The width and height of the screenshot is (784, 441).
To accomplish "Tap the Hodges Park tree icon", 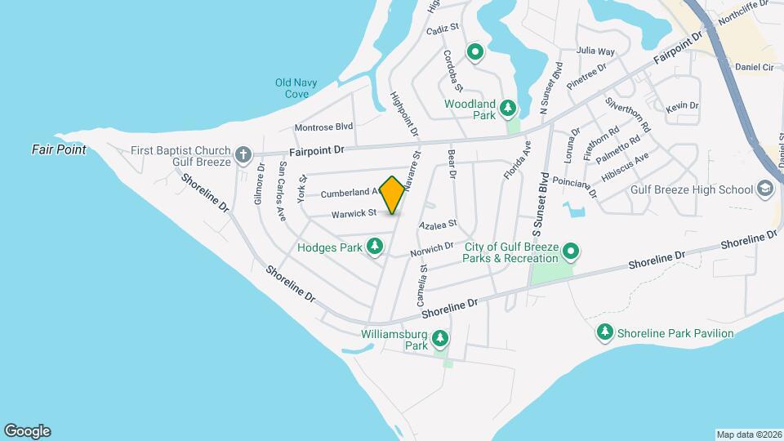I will click(x=375, y=246).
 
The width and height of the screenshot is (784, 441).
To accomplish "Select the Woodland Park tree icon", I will click(x=508, y=108).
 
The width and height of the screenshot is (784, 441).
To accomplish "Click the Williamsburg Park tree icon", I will click(x=440, y=337).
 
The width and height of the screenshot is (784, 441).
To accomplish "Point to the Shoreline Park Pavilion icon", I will click(x=604, y=332).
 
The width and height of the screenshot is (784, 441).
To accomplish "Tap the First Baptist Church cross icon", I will click(x=243, y=154).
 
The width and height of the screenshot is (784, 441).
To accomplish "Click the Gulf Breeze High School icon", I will click(x=765, y=189).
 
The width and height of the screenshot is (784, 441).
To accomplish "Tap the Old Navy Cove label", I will click(x=296, y=88).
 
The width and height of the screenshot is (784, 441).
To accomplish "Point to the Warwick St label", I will click(x=353, y=214).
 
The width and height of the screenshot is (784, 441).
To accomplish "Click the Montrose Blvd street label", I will click(x=323, y=127).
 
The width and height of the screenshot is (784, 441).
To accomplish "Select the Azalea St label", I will click(x=437, y=224).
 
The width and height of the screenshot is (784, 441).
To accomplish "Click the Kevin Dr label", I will click(x=682, y=106).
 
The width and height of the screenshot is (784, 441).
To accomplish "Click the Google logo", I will click(x=27, y=431).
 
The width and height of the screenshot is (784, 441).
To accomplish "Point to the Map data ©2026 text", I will click(x=748, y=434).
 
